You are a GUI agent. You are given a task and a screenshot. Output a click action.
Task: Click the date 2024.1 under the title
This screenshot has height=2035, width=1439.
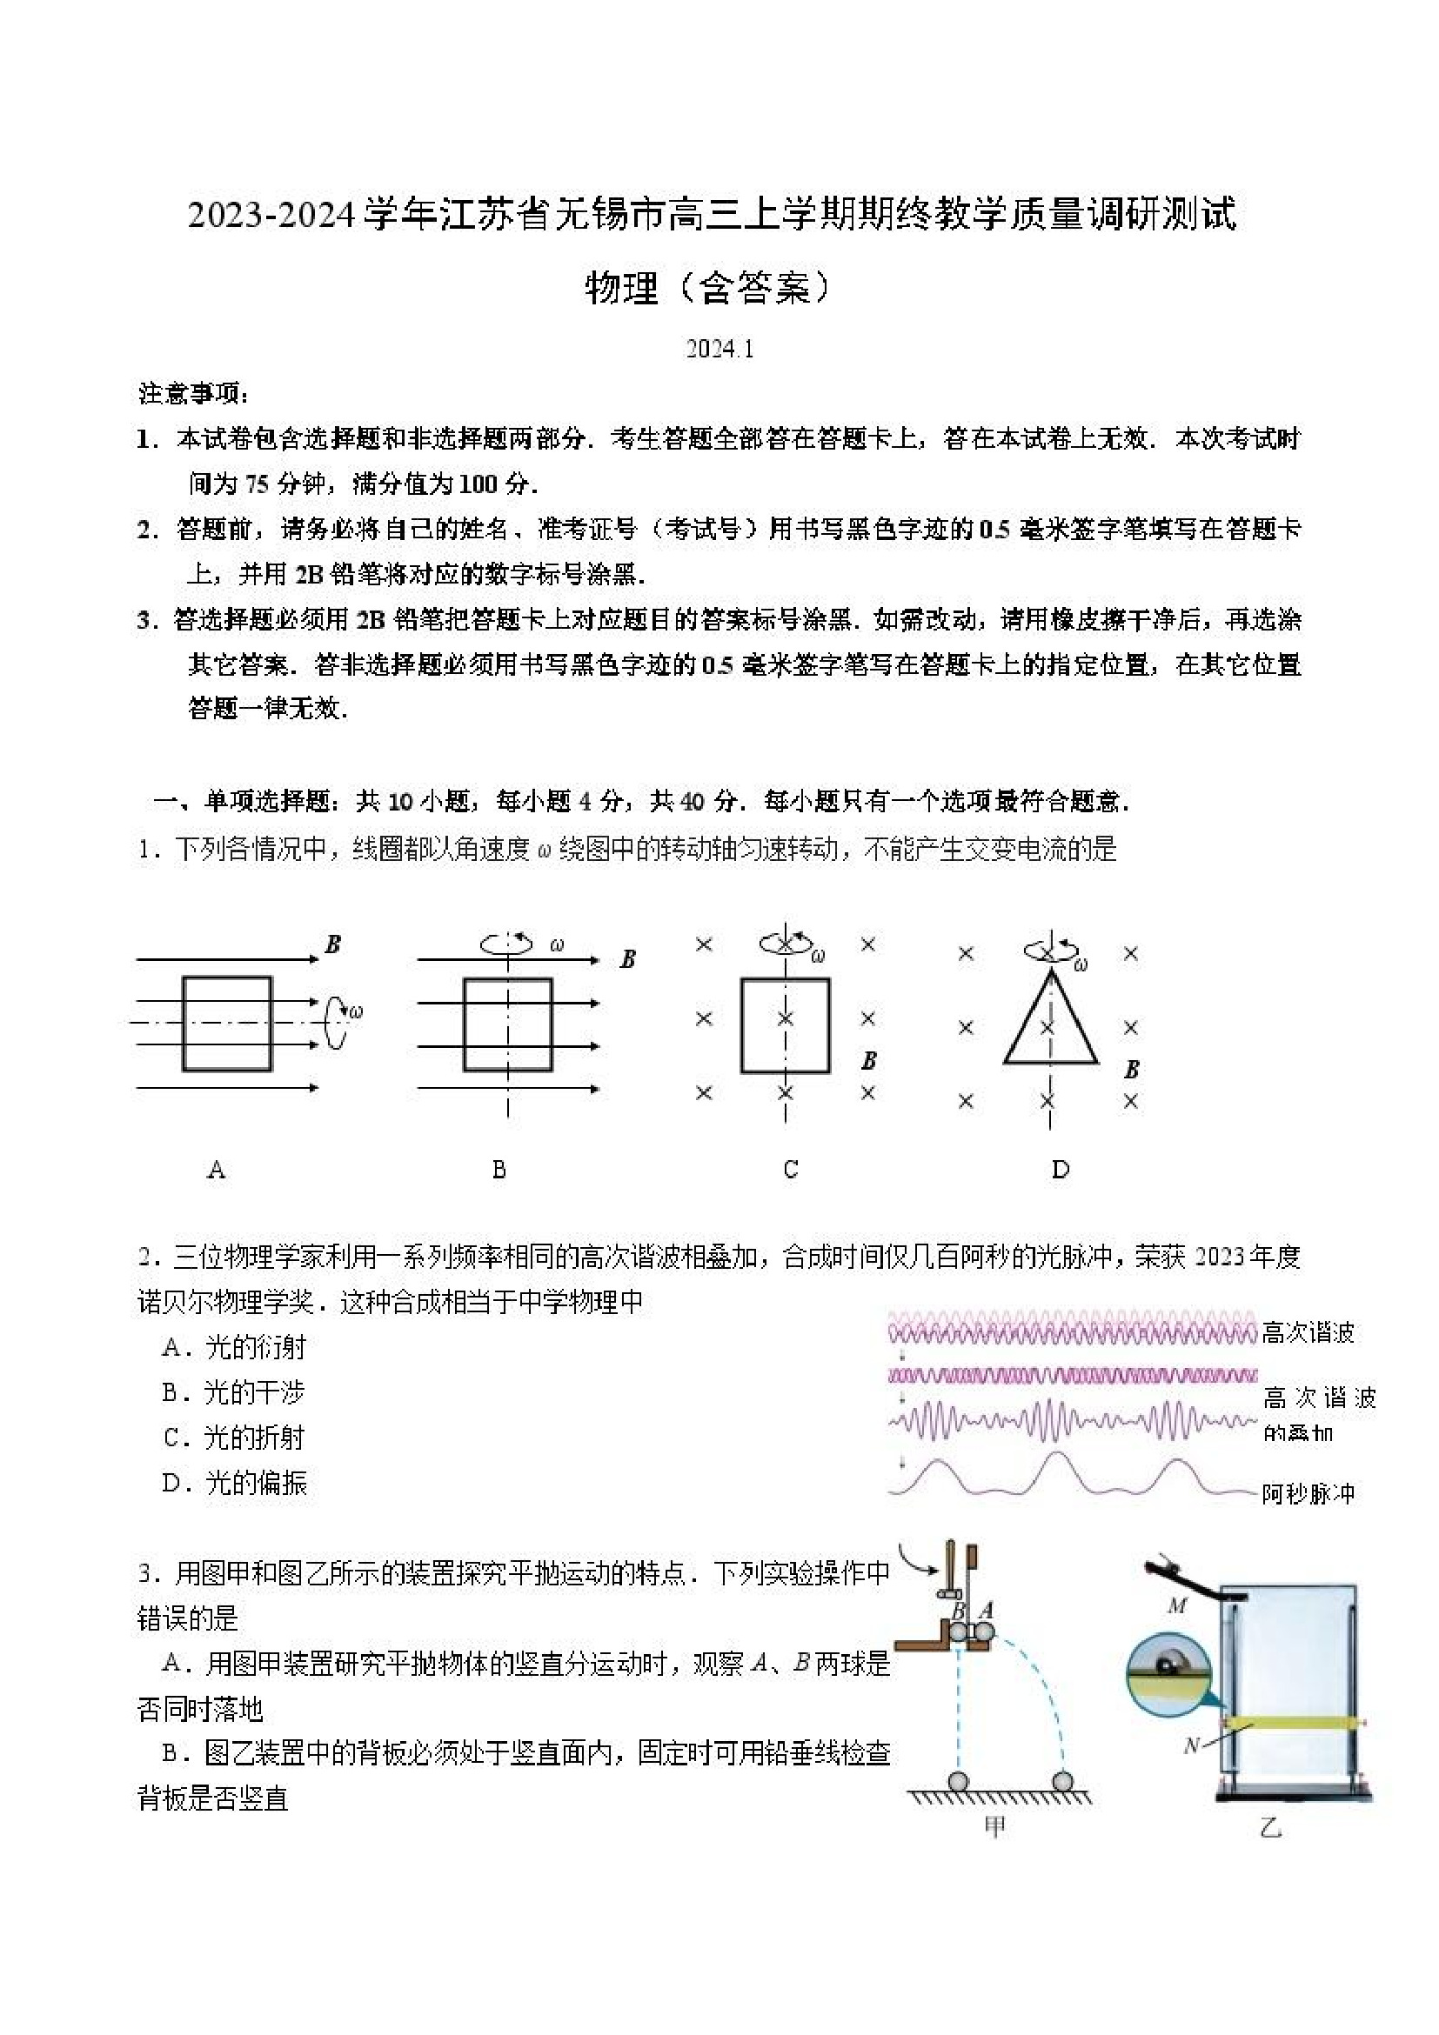coord(719,350)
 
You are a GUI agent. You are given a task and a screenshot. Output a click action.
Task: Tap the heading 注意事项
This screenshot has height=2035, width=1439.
coord(192,392)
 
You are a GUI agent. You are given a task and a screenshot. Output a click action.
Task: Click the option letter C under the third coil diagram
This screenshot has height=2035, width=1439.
coord(791,1170)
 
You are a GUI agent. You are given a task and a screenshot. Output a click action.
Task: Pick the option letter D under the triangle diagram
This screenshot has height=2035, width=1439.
coord(1061,1170)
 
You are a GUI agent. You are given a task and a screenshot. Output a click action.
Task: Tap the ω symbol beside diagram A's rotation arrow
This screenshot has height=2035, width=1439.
coord(356,1011)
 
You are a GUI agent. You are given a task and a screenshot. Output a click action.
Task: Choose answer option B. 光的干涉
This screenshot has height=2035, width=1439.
coord(233,1392)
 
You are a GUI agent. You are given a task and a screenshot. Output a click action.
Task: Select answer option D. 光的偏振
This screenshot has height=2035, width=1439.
coord(234,1483)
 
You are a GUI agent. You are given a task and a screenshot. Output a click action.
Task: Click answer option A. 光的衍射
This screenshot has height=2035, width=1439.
coord(233,1347)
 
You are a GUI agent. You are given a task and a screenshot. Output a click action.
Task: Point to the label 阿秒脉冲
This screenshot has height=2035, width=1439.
coord(1308,1493)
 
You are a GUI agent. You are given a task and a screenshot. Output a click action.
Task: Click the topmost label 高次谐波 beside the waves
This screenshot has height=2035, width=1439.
coord(1308,1333)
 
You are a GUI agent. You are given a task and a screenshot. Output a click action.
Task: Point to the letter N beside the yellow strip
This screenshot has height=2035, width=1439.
coord(1192,1745)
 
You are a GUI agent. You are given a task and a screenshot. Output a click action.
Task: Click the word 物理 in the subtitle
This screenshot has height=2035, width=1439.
coord(621,288)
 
